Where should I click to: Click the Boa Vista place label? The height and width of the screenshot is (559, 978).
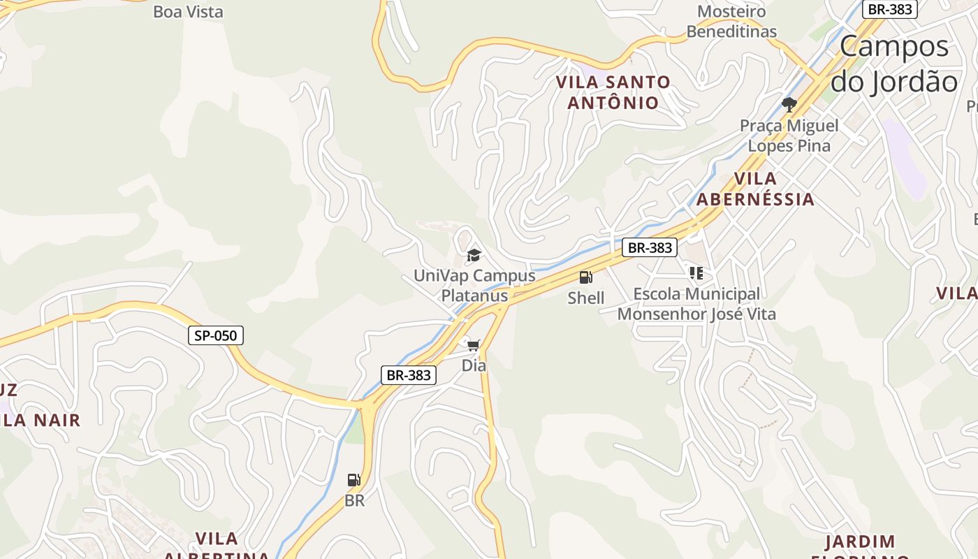tap(188, 12)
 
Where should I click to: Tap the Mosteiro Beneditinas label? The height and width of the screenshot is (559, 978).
tap(731, 22)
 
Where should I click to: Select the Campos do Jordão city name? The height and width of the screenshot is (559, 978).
tap(894, 64)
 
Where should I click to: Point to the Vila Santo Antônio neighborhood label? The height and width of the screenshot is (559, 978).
tap(613, 92)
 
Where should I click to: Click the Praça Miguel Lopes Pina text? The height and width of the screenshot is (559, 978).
tap(789, 136)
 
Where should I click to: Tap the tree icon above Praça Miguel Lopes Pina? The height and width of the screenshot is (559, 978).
tap(789, 105)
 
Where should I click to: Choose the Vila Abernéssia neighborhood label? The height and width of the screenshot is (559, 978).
tap(756, 189)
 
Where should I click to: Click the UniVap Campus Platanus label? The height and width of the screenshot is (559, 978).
tap(474, 285)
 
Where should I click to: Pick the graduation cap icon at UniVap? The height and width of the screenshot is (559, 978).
tap(474, 255)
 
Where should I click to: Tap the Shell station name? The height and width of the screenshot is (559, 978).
tap(585, 298)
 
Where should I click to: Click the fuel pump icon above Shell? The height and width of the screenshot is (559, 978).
tap(585, 277)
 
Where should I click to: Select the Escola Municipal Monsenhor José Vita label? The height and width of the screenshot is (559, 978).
tap(696, 304)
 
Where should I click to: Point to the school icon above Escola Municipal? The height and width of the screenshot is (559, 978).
tap(696, 273)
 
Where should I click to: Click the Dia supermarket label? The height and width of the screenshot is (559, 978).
tap(474, 365)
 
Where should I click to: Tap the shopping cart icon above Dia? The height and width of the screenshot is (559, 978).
tap(474, 345)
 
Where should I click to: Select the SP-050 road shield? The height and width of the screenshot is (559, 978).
tap(216, 335)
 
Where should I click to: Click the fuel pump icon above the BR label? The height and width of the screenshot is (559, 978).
tap(354, 480)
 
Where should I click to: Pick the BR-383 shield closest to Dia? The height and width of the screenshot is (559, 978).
tap(409, 375)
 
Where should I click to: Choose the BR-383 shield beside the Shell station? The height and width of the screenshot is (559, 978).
tap(650, 247)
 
